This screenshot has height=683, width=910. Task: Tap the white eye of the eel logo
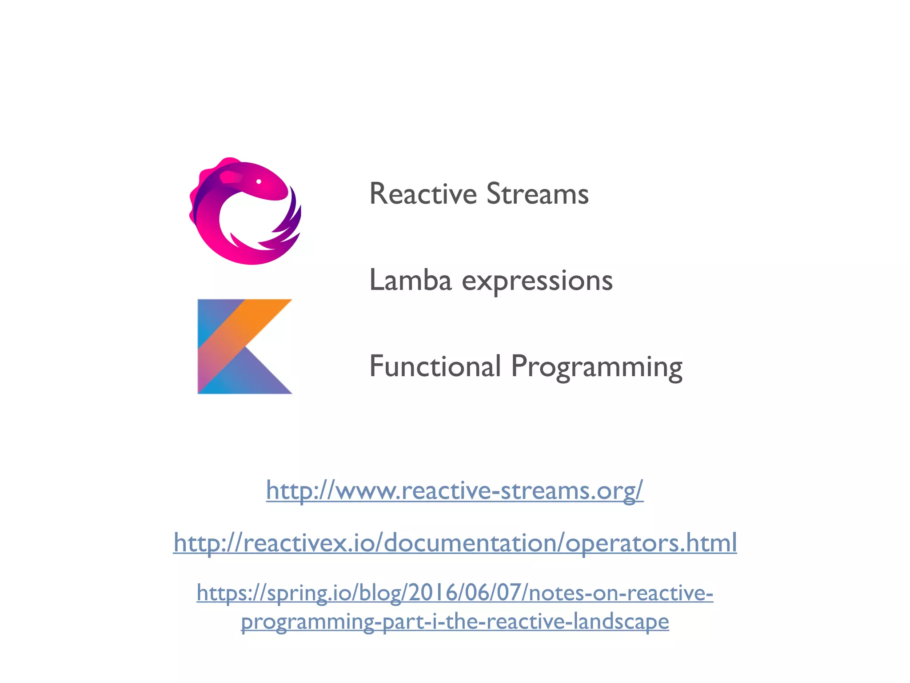tap(259, 181)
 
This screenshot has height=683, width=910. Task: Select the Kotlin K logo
tap(244, 346)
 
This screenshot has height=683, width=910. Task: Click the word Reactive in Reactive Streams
tap(423, 194)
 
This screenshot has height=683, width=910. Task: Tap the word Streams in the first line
tap(538, 194)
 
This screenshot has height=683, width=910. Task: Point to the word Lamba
tap(410, 281)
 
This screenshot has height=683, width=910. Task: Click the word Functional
tap(435, 366)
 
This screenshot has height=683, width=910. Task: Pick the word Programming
tap(596, 367)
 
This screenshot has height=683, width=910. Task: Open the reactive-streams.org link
tap(455, 490)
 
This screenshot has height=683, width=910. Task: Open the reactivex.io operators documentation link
tap(455, 543)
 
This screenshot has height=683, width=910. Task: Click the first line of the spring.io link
tap(455, 593)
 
